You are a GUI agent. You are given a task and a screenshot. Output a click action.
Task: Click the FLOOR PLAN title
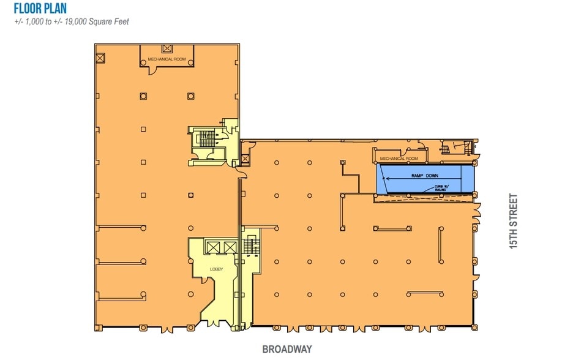[40, 9]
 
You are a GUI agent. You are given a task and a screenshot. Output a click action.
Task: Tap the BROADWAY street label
[287, 350]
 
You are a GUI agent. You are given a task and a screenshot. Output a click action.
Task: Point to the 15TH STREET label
[513, 220]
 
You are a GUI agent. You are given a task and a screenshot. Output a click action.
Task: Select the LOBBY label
[215, 269]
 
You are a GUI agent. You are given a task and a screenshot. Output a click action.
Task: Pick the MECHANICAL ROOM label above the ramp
[399, 159]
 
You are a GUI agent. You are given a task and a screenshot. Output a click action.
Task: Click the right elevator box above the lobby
[230, 247]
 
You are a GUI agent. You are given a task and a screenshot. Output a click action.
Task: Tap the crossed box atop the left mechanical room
[167, 48]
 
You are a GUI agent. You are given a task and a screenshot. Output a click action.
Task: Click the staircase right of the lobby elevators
[249, 246]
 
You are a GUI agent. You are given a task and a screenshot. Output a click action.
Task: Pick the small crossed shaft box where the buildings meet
[245, 159]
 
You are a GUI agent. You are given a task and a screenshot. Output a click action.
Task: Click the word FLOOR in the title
[26, 9]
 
